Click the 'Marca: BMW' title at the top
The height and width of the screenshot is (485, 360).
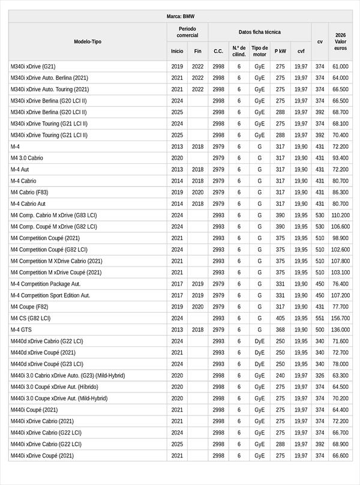(180, 16)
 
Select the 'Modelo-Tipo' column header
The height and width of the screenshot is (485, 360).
(88, 41)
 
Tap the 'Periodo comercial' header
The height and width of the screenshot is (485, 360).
(187, 32)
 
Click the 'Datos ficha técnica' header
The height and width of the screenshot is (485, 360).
(259, 32)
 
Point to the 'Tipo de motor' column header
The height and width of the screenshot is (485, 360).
(260, 51)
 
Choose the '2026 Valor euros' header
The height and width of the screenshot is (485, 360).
(340, 41)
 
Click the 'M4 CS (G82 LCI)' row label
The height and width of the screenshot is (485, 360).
(31, 318)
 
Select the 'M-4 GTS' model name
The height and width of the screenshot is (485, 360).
(22, 330)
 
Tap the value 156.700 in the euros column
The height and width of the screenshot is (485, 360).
(340, 318)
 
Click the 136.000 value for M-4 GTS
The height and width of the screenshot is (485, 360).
(340, 330)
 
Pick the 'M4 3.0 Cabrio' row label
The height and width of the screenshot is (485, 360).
(27, 158)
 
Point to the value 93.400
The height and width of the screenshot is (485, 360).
(340, 158)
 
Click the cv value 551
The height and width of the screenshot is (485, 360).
(320, 318)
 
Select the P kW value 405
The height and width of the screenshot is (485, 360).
(280, 318)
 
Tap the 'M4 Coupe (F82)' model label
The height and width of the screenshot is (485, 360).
(29, 307)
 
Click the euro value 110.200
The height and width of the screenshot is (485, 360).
(340, 215)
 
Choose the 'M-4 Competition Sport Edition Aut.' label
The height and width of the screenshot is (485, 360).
(50, 295)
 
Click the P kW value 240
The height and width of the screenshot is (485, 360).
(280, 375)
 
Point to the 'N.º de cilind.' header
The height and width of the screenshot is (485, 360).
(239, 51)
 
